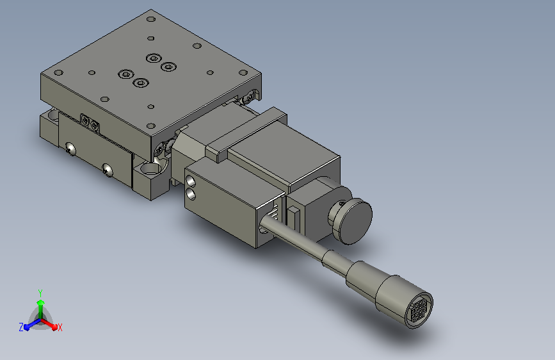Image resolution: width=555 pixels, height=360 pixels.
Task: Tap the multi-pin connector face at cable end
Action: point(419,311)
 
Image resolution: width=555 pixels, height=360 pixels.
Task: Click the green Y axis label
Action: point(40,293)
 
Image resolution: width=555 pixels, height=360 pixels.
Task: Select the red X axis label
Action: point(60,327)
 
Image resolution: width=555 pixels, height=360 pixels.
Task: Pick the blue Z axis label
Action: point(21,327)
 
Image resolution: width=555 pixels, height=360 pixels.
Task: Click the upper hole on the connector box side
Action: point(190,181)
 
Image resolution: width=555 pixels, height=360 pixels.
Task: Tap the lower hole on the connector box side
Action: point(190,194)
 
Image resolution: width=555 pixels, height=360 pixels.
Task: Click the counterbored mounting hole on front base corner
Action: point(152,168)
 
